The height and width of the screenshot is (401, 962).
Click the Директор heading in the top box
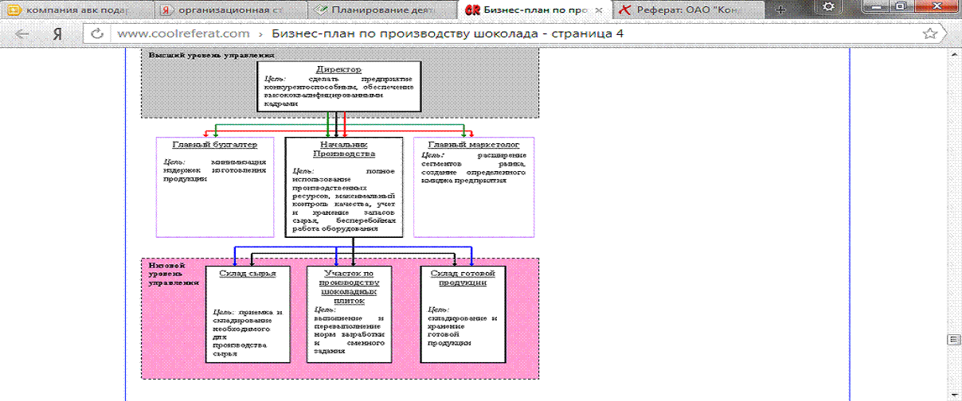click(x=338, y=69)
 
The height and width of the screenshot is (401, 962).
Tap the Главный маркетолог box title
click(x=474, y=145)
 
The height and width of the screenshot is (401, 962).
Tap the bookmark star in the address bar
click(x=929, y=34)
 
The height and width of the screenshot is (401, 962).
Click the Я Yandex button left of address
click(x=57, y=34)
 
